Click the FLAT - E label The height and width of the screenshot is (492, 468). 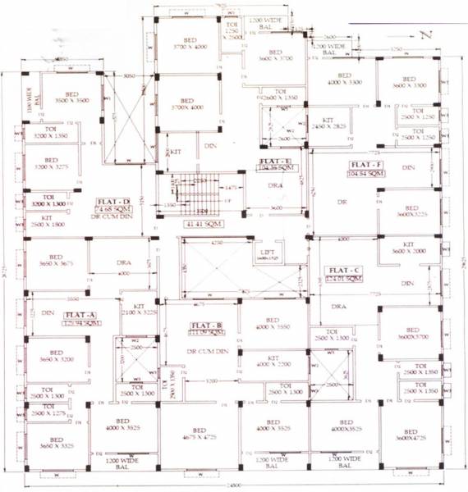pyautogui.click(x=276, y=162)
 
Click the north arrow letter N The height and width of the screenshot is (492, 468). pyautogui.click(x=425, y=34)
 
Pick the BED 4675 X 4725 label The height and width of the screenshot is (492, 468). pyautogui.click(x=198, y=435)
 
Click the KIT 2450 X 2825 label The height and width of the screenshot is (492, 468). pyautogui.click(x=328, y=124)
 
